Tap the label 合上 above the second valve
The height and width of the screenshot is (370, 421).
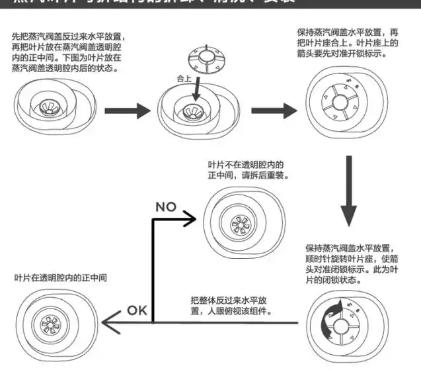[x=185, y=77]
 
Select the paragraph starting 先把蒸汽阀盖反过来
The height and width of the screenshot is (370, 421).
[x=66, y=53]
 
